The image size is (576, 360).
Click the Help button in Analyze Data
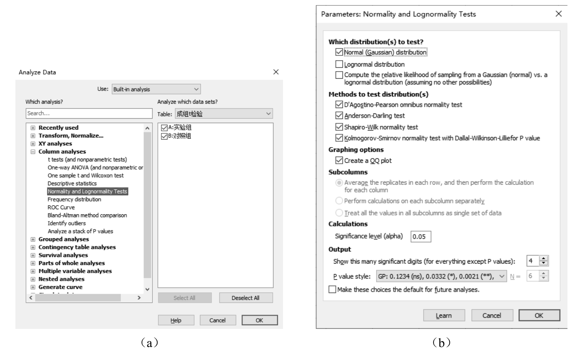pos(176,320)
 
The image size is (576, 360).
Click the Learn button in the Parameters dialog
pos(444,316)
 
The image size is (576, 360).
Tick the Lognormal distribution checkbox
pos(339,64)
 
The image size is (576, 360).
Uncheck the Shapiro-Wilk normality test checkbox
pos(339,127)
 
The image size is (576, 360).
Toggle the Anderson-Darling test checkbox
pos(339,116)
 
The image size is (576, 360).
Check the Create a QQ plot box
pos(339,160)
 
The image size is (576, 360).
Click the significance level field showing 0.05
pos(420,237)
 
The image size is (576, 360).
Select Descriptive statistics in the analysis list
pos(72,184)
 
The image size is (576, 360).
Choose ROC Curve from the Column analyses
pos(61,208)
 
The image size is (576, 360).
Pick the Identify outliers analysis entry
pos(67,223)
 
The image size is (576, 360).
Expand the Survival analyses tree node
pos(33,255)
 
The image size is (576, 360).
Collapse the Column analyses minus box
pos(33,152)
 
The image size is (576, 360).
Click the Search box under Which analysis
pos(89,114)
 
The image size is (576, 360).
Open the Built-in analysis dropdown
pos(156,89)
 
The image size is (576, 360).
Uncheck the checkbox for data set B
pos(164,136)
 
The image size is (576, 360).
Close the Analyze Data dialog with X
pos(276,72)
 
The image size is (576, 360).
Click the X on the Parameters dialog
pos(559,14)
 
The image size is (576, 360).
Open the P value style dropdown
pos(441,276)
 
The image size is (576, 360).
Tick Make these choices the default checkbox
pos(332,290)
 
